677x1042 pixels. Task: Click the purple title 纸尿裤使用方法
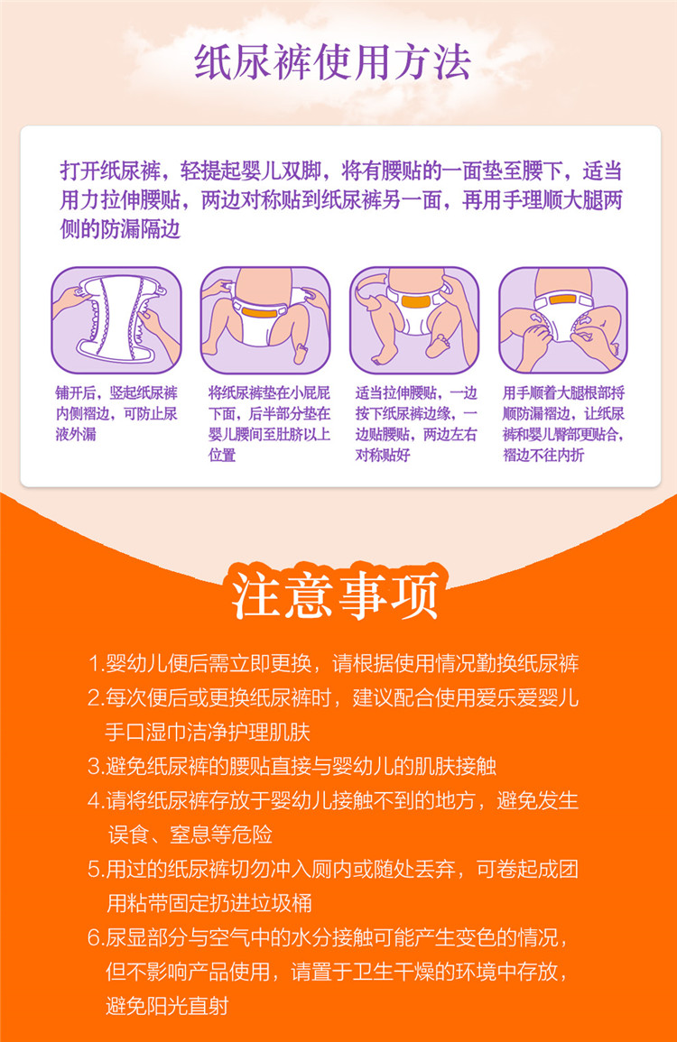(332, 62)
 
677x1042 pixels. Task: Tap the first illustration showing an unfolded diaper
(116, 320)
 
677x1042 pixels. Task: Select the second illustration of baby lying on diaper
(266, 320)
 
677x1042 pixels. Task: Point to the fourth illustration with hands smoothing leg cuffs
(563, 320)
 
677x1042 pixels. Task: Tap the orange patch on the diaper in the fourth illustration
(562, 300)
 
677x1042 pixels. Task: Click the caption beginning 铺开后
(116, 413)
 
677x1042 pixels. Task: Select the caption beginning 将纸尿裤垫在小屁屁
(269, 423)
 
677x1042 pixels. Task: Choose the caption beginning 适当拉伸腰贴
(416, 423)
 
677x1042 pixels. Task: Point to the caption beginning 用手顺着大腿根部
(564, 423)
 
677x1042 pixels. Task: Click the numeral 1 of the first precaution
(94, 663)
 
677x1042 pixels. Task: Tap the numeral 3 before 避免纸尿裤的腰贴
(94, 766)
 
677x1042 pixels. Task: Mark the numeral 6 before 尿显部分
(94, 937)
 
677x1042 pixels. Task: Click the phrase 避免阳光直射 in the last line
(167, 1006)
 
